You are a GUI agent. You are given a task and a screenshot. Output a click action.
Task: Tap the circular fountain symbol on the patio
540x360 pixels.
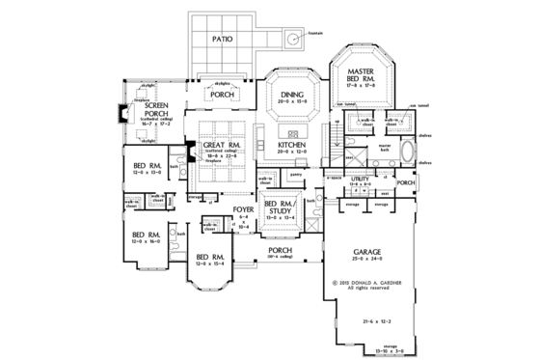(291, 40)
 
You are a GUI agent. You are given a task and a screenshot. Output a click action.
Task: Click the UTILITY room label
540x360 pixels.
(361, 180)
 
